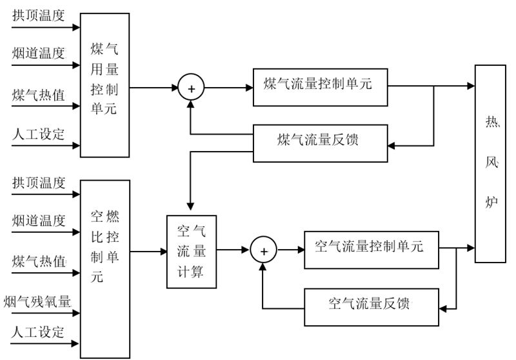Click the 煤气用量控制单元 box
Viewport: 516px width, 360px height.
(x=104, y=85)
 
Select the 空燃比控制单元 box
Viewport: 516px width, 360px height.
(x=104, y=268)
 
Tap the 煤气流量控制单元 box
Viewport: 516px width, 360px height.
(x=320, y=85)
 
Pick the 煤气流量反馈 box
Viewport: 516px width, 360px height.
(x=320, y=142)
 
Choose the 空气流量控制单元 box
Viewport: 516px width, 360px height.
(x=371, y=246)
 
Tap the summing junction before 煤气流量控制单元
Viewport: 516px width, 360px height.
(x=190, y=87)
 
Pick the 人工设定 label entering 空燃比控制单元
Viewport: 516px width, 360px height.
(x=39, y=332)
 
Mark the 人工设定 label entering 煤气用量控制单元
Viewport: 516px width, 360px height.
(x=39, y=134)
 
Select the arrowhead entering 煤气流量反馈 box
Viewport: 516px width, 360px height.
(x=391, y=145)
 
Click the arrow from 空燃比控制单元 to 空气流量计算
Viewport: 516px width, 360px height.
(x=148, y=252)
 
